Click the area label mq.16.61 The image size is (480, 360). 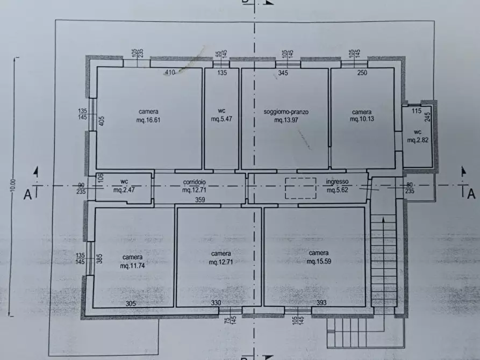click(148, 120)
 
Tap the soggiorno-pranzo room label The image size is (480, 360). click(286, 112)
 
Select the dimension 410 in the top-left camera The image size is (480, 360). click(170, 72)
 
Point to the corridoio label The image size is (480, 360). click(195, 182)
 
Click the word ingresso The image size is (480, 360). click(337, 182)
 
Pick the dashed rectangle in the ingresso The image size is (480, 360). click(300, 188)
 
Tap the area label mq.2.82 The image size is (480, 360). click(418, 140)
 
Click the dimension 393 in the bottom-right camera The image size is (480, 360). click(321, 303)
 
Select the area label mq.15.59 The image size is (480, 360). click(319, 261)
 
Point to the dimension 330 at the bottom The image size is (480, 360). click(216, 303)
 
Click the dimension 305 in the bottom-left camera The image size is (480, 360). click(131, 304)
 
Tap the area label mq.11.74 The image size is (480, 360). click(132, 266)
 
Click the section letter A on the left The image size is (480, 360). click(27, 195)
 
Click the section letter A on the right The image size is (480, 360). click(471, 194)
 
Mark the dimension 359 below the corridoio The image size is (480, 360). click(200, 200)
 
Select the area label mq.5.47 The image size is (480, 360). click(221, 119)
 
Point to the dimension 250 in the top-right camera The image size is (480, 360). click(362, 73)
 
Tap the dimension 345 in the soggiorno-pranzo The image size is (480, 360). click(283, 73)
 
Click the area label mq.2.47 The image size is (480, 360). click(124, 190)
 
